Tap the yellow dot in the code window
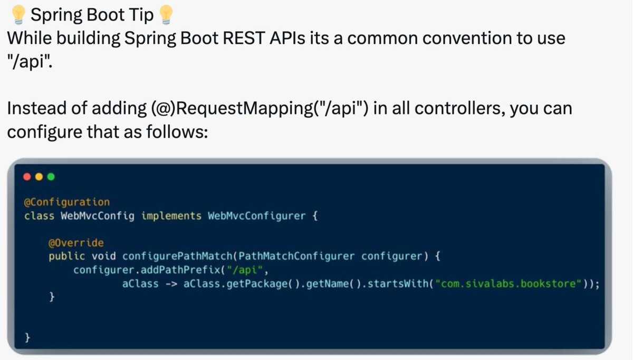pos(39,177)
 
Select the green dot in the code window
pos(51,177)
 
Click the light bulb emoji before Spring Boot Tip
pos(20,15)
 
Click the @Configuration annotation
pos(67,202)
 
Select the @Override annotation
pos(76,243)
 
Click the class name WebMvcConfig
pos(97,216)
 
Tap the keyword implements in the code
pos(171,216)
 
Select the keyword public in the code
pos(67,257)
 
